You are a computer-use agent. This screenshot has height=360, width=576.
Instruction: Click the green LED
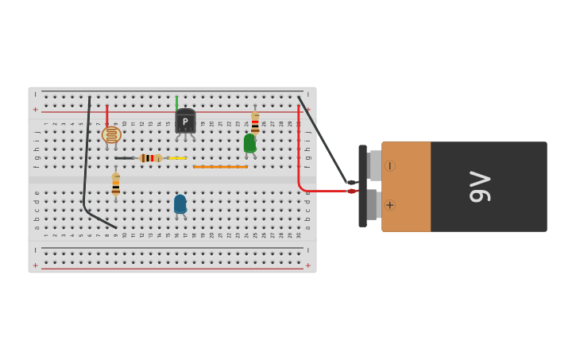click(249, 143)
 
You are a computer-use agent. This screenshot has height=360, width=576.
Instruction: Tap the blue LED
click(180, 204)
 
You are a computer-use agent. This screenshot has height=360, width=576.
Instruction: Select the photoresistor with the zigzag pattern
click(111, 135)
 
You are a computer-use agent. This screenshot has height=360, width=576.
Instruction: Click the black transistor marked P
click(185, 122)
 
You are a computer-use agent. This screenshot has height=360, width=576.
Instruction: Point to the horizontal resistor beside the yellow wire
click(150, 158)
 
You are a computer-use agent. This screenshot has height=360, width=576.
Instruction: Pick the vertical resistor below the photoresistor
click(116, 184)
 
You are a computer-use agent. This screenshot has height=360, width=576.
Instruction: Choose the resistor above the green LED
click(255, 122)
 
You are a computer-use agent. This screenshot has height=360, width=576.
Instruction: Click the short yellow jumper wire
click(177, 158)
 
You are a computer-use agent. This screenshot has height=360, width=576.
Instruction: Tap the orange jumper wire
click(220, 167)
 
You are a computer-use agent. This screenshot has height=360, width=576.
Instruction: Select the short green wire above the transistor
click(176, 103)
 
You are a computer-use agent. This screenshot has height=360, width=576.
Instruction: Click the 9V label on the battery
click(479, 187)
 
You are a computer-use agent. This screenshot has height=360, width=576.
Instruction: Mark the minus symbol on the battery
click(389, 166)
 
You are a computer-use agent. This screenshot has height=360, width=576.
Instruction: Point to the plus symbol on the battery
click(390, 205)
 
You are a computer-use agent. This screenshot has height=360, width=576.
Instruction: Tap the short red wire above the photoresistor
click(106, 115)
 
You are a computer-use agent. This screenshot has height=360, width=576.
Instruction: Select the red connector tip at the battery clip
click(351, 191)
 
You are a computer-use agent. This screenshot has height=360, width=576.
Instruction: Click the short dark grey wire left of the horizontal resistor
click(124, 158)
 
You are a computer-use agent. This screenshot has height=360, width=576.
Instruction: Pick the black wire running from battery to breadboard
click(322, 139)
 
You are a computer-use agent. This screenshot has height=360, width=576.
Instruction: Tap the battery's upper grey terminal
click(373, 166)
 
